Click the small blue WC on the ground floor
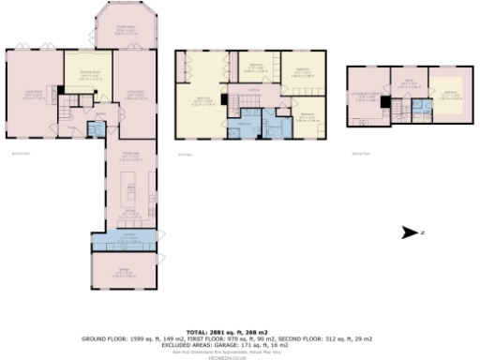pyautogui.click(x=94, y=129)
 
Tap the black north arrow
pyautogui.click(x=409, y=232)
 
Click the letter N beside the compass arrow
pyautogui.click(x=423, y=232)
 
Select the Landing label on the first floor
pyautogui.click(x=254, y=91)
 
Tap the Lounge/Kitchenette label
pyautogui.click(x=367, y=94)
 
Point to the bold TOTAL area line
pyautogui.click(x=239, y=333)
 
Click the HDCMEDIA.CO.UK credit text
pyautogui.click(x=239, y=357)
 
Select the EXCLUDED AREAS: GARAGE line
pyautogui.click(x=239, y=345)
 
